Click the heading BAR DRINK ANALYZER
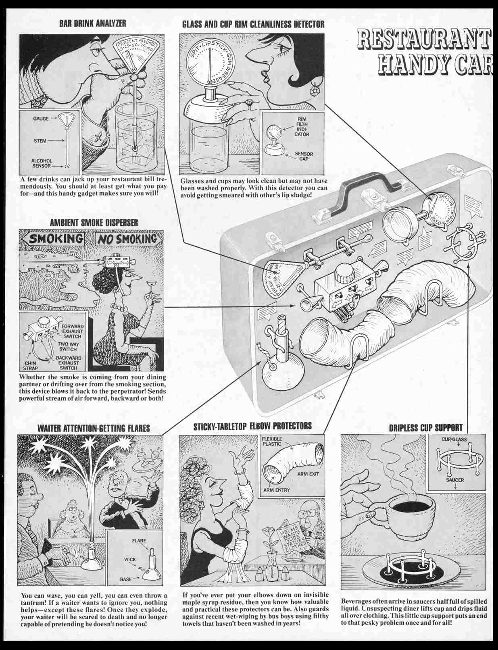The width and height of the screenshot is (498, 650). [x=92, y=23]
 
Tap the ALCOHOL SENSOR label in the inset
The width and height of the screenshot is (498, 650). [x=42, y=163]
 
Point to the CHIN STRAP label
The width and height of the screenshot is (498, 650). [x=29, y=365]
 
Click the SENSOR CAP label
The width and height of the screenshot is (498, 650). [x=304, y=156]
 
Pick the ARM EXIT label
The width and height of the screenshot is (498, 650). [x=308, y=474]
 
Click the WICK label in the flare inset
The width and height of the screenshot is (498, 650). [x=131, y=560]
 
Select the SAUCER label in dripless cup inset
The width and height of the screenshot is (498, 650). [x=455, y=480]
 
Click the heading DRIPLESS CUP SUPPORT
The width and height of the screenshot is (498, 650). [x=425, y=428]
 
